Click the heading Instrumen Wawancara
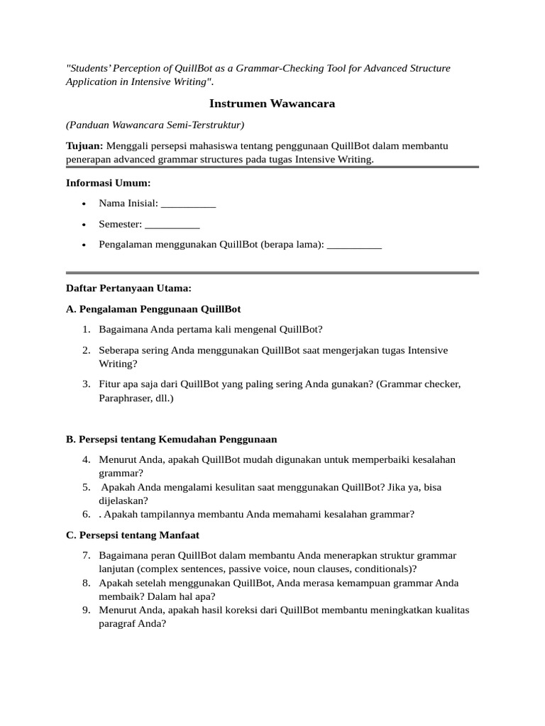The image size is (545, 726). [x=272, y=104]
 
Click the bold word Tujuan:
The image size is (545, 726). [x=84, y=145]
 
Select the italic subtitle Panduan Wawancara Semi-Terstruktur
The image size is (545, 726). [x=155, y=125]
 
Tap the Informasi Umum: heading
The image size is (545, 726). [x=108, y=183]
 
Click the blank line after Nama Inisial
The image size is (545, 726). [x=188, y=204]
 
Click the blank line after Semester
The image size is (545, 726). [x=172, y=225]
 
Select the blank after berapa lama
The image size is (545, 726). [x=354, y=245]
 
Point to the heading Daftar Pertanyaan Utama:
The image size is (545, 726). [x=128, y=289]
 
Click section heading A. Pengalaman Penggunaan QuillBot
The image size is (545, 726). [x=153, y=309]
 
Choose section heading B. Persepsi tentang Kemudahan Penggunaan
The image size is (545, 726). [x=171, y=439]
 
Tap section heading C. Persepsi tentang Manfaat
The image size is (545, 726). [x=133, y=535]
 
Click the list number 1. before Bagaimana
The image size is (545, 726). [x=86, y=329]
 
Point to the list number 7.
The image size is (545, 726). [x=86, y=555]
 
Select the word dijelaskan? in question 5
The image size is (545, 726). [x=123, y=501]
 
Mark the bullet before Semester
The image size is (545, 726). [x=84, y=225]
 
